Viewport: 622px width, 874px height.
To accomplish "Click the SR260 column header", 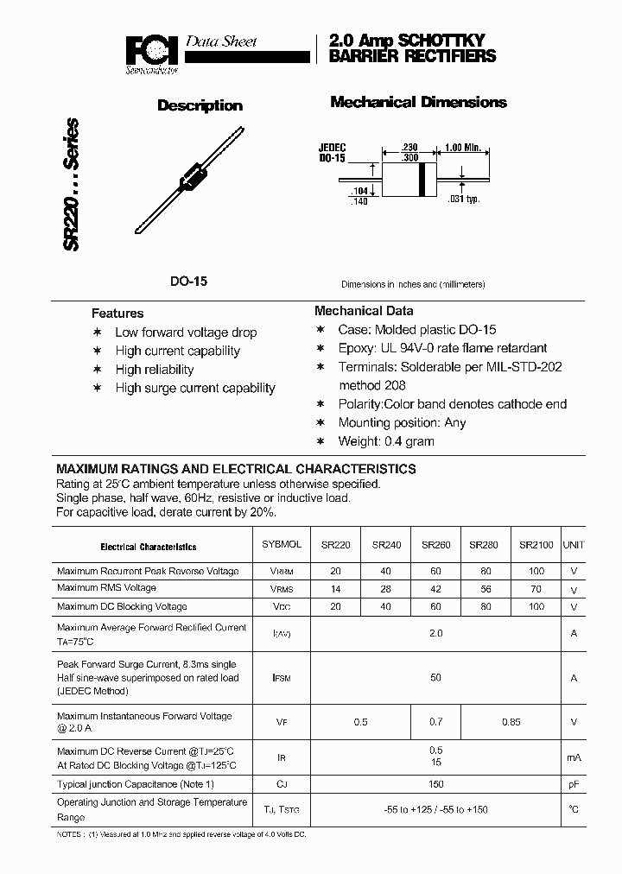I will coord(435,545).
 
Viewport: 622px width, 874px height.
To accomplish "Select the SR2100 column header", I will coord(536,545).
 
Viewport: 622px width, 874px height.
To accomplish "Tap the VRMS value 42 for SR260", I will coord(435,589).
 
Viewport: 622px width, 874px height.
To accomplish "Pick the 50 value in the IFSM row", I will coord(435,678).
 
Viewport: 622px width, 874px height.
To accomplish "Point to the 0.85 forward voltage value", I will coord(511,722).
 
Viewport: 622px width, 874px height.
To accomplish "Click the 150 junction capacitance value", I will coord(435,784).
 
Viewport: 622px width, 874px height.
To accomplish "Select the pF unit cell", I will coord(573,784).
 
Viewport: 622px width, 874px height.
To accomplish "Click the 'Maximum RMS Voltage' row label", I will coord(106,588).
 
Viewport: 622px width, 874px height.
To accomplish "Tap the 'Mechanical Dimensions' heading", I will coord(418,103).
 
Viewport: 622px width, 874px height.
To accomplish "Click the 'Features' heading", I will coord(117,313).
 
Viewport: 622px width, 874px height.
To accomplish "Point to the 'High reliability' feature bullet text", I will coord(155,370).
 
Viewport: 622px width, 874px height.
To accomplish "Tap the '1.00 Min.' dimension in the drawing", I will coord(462,148).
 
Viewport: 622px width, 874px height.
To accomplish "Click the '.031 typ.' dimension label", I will coord(464,199).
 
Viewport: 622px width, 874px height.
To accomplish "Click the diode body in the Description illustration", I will coord(191,175).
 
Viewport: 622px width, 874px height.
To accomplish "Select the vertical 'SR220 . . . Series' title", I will coord(72,185).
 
